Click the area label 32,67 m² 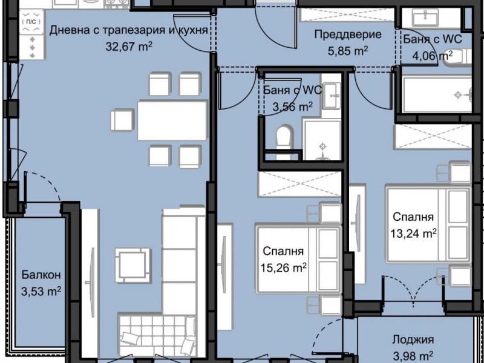[x=129, y=47]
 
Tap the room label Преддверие [x=348, y=34]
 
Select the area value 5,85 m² [x=347, y=51]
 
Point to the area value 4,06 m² [x=433, y=56]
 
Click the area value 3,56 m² [x=293, y=107]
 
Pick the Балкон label [x=41, y=275]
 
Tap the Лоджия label [x=413, y=340]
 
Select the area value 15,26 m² [x=283, y=267]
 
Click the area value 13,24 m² [x=414, y=234]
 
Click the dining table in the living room [x=172, y=120]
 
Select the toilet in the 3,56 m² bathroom [x=284, y=142]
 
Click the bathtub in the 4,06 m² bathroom [x=437, y=96]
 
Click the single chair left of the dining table [x=123, y=120]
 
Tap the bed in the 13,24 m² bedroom [x=429, y=224]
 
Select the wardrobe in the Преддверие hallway [x=347, y=15]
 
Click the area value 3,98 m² [x=413, y=357]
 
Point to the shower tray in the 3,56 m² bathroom [x=322, y=140]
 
